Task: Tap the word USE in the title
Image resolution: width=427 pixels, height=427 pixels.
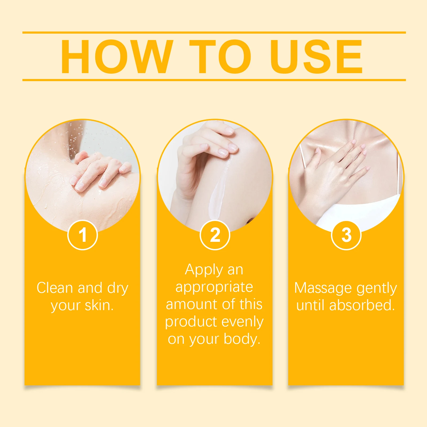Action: click(x=316, y=57)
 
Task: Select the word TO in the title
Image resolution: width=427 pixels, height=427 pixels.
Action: click(x=220, y=57)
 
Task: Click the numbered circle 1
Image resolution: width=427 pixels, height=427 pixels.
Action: click(x=83, y=235)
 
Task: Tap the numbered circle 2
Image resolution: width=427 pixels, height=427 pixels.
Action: click(x=215, y=235)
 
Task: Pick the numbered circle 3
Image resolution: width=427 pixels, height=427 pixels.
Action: click(x=346, y=235)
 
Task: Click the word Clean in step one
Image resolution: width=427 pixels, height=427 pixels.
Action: click(x=55, y=288)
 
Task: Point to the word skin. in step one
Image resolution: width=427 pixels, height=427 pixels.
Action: click(x=99, y=305)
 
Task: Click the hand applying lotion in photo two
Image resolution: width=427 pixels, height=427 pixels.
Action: click(x=205, y=149)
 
